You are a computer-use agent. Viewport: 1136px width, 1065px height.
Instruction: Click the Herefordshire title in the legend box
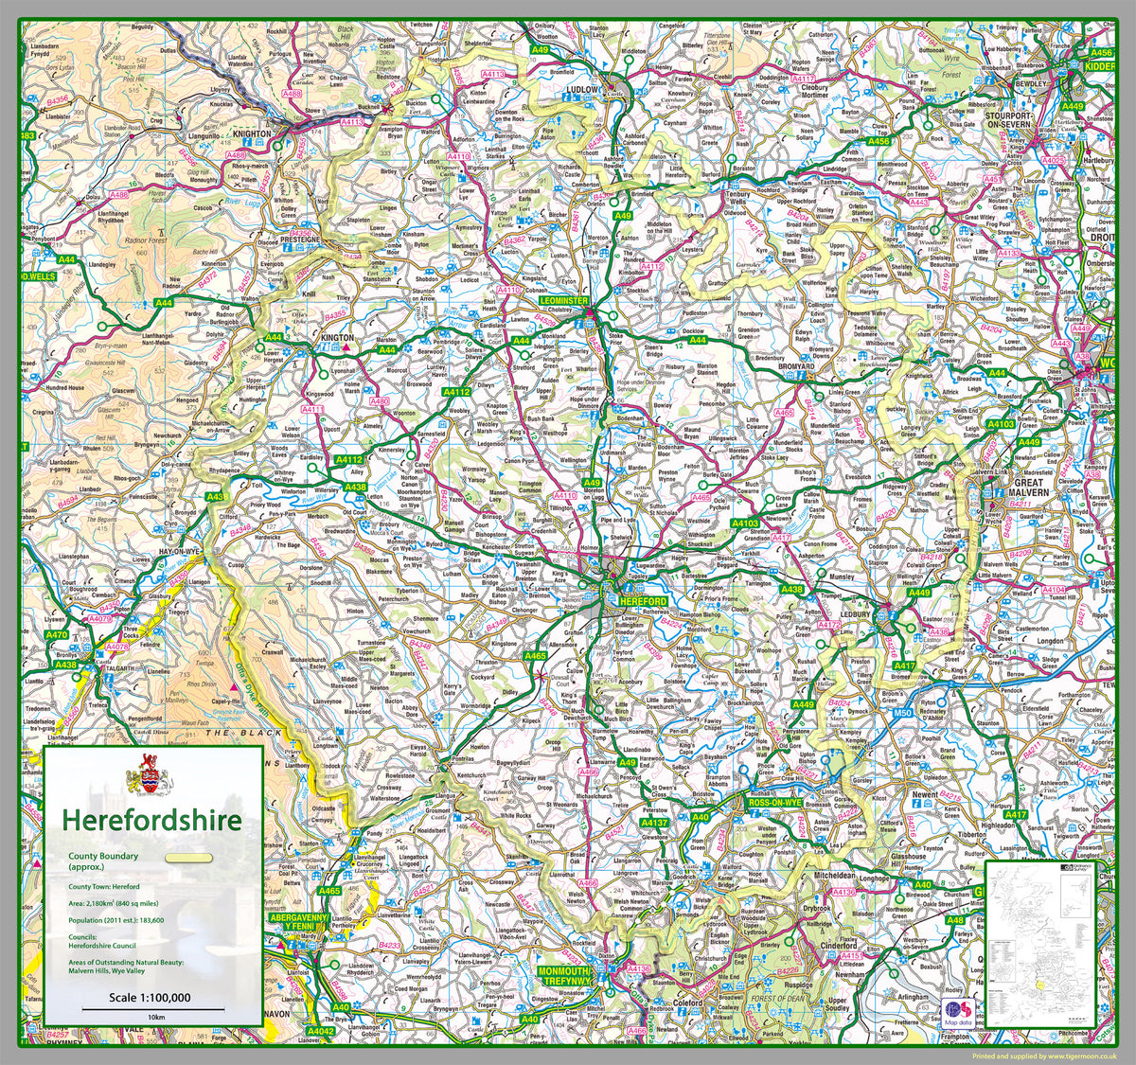(x=151, y=819)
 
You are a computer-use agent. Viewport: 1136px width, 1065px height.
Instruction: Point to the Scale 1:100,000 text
(x=150, y=997)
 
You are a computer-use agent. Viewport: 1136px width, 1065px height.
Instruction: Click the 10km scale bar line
(x=151, y=1008)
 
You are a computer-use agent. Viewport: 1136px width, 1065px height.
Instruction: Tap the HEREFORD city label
(x=643, y=602)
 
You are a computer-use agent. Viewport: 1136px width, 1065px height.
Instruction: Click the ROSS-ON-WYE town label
(x=774, y=802)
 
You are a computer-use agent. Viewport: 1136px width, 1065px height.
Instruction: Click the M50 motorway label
(x=902, y=712)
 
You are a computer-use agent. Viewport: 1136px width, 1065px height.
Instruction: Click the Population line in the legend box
(x=115, y=918)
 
